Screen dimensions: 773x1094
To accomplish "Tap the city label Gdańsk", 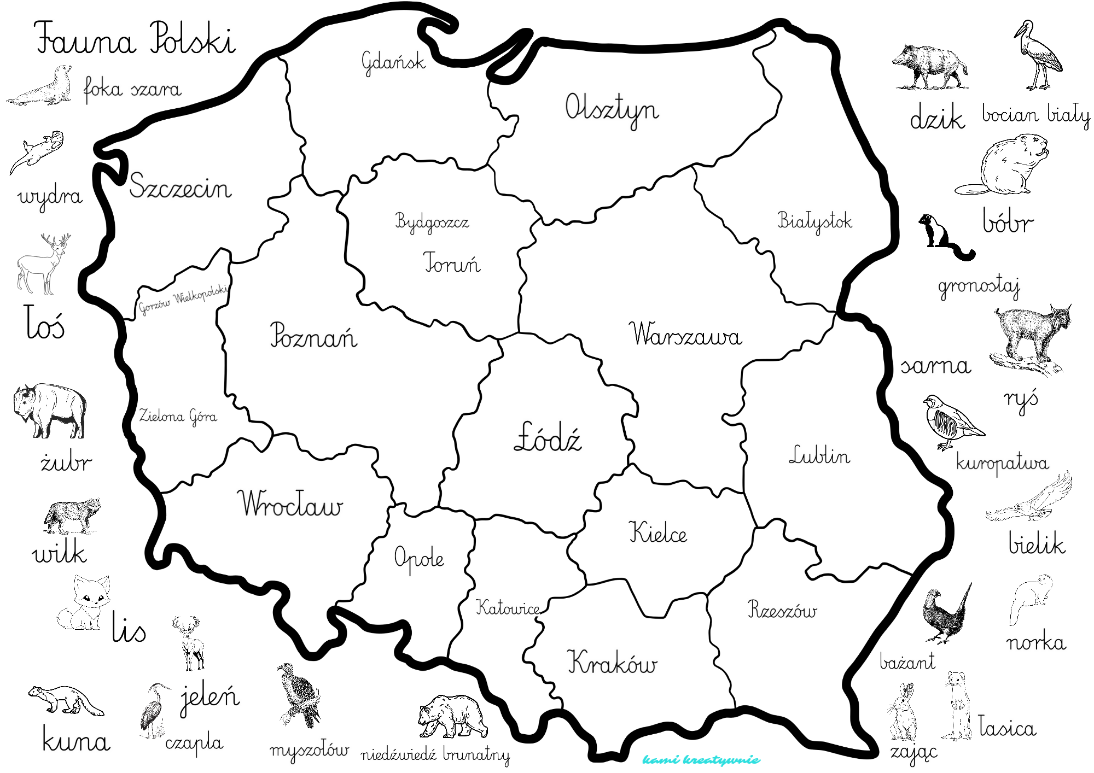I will tap(393, 62).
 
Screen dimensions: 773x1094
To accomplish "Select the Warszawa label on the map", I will tap(686, 334).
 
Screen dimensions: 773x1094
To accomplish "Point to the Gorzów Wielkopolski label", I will tap(183, 300).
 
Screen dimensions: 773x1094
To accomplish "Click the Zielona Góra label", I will tap(178, 417).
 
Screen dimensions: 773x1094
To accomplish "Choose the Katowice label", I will tap(508, 607).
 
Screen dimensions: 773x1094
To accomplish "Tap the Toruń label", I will tap(452, 263).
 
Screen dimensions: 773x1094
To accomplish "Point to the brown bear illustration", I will tap(452, 716).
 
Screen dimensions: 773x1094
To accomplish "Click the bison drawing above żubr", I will tap(50, 410).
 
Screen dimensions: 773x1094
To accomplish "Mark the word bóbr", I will tap(1007, 221).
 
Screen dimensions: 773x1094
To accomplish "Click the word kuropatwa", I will tap(1002, 462).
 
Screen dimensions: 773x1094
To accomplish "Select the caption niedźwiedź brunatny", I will tap(435, 754).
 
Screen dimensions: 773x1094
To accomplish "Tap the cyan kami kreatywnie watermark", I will tap(701, 760).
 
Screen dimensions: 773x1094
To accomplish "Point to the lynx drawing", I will tap(1029, 339).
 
